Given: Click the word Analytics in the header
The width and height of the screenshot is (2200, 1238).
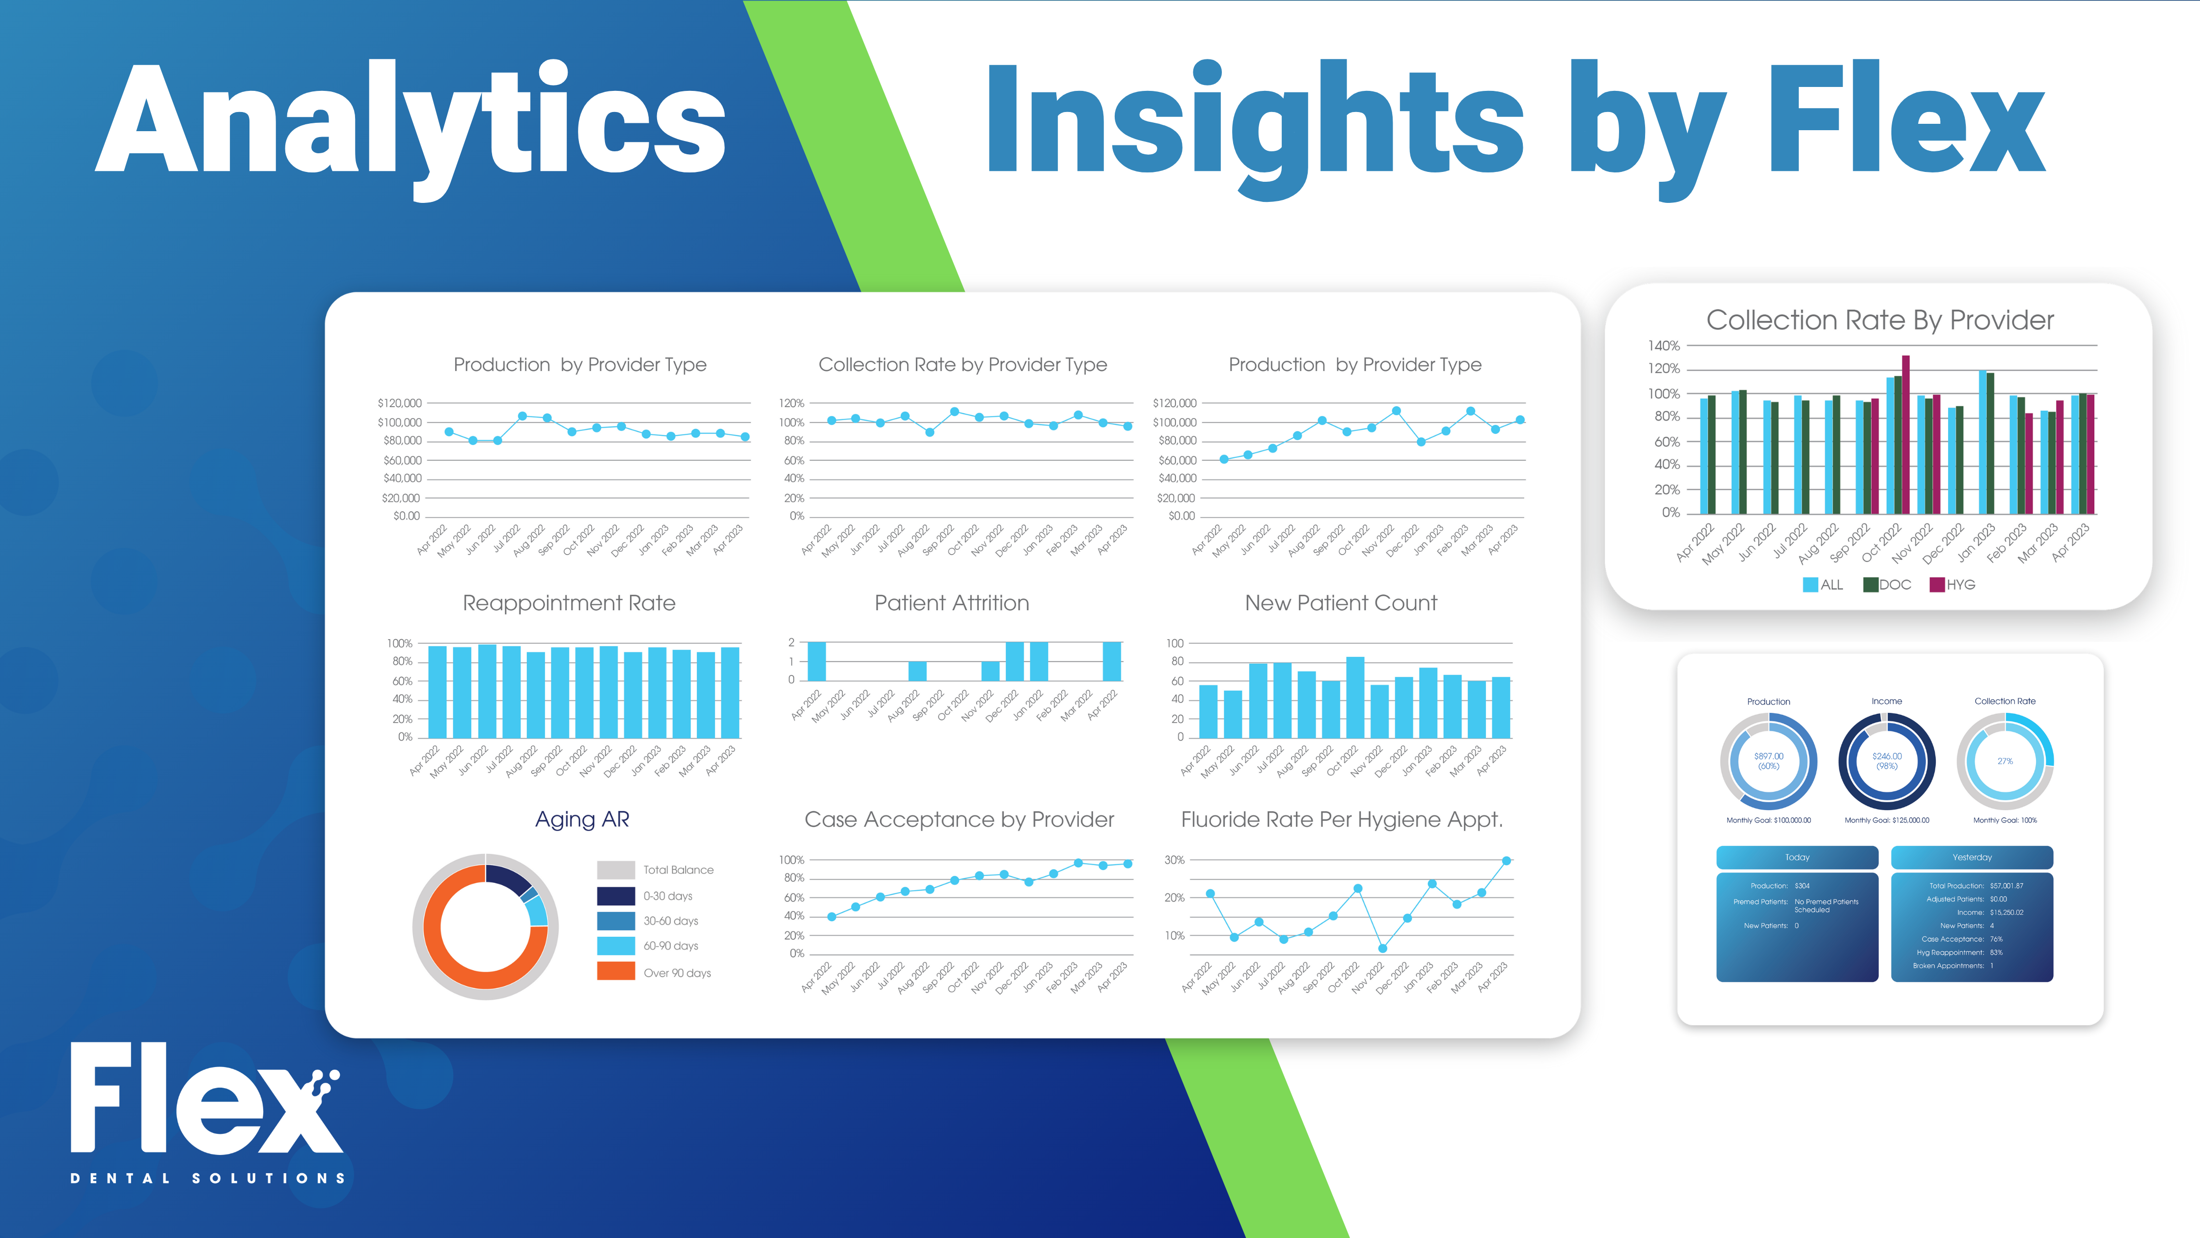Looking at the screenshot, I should [410, 119].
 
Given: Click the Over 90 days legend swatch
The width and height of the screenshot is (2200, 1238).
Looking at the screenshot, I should [616, 971].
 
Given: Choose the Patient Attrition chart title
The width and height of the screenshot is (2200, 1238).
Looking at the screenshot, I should [951, 603].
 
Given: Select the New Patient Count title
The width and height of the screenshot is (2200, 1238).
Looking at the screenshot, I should [1341, 603].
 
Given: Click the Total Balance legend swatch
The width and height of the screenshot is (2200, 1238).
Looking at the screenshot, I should [616, 870].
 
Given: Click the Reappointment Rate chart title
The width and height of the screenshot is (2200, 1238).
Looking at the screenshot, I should [569, 603].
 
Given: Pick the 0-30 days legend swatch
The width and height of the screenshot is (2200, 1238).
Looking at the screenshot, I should [616, 896].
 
